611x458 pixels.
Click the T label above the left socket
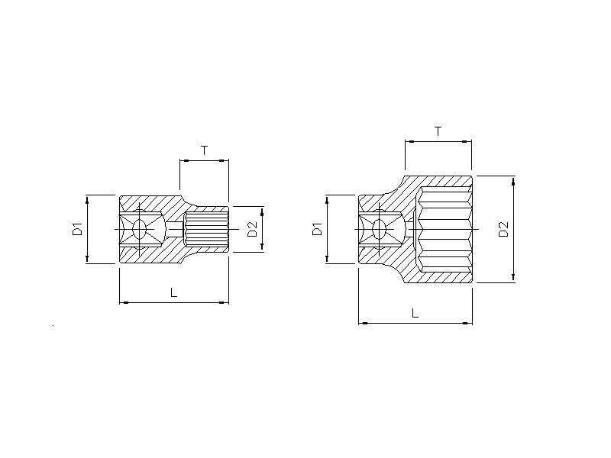pos(204,150)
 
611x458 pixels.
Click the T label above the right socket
pos(438,131)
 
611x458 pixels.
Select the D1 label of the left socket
pos(78,229)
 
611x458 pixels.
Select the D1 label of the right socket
pos(318,229)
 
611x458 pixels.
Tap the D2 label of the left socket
pos(253,229)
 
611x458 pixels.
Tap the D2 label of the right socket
pos(504,229)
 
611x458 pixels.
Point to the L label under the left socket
pos(174,292)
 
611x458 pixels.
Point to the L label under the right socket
pos(415,313)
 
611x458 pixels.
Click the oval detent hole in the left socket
pos(139,230)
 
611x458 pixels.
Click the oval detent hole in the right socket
pos(379,230)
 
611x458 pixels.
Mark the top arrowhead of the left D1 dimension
pos(87,200)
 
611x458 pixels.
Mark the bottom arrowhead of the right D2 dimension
pos(513,277)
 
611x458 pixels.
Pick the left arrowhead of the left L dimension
pos(124,302)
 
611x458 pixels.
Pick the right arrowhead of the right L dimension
pos(467,323)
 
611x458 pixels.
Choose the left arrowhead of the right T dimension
pos(409,142)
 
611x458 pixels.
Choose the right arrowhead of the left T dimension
pos(224,160)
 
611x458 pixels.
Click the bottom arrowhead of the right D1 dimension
pos(327,259)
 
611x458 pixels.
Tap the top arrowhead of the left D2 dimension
pos(262,212)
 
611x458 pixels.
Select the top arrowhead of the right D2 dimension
pos(513,181)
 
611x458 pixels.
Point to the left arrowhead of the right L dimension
pos(364,323)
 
